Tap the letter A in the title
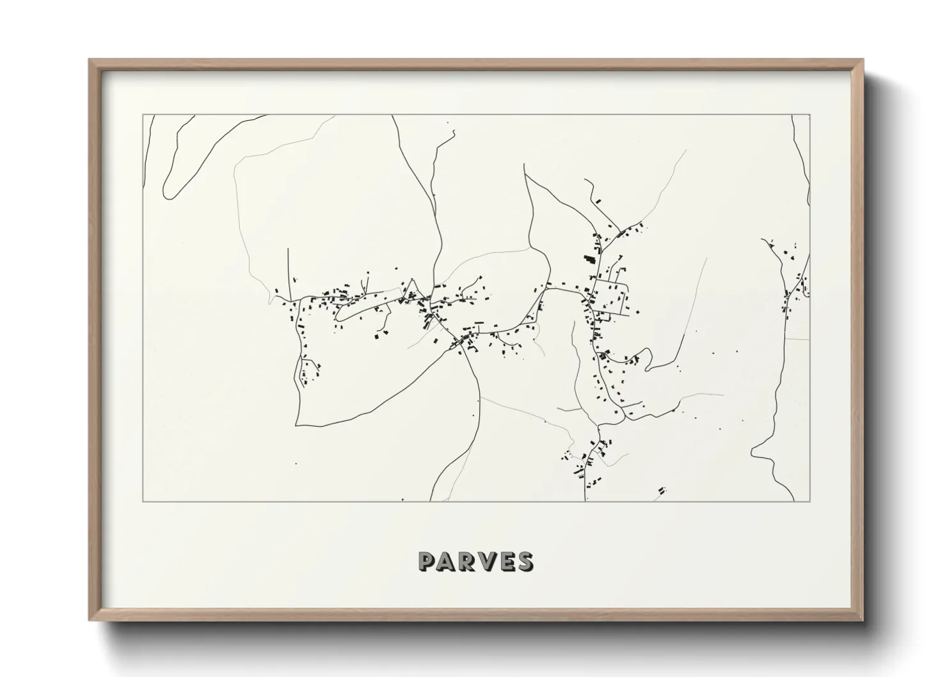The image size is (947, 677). pyautogui.click(x=448, y=562)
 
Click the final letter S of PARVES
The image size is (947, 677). pyautogui.click(x=526, y=562)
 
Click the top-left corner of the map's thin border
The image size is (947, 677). pyautogui.click(x=143, y=115)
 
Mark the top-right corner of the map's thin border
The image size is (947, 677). pyautogui.click(x=810, y=115)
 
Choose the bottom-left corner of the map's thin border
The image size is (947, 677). pyautogui.click(x=143, y=501)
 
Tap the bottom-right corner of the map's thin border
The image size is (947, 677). pyautogui.click(x=810, y=501)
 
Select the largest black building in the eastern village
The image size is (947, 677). pyautogui.click(x=586, y=260)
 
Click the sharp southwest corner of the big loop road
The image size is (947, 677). pyautogui.click(x=296, y=424)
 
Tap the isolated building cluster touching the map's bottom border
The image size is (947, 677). pyautogui.click(x=662, y=491)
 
